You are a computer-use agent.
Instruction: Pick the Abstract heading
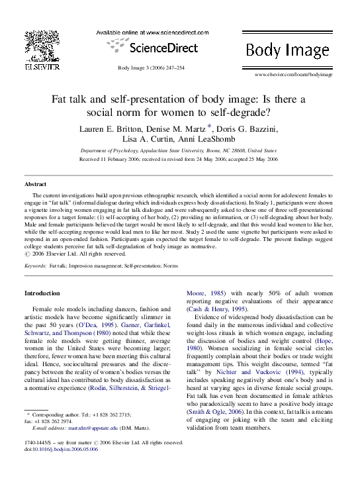click(35, 183)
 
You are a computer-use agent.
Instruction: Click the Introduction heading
click(42, 293)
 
